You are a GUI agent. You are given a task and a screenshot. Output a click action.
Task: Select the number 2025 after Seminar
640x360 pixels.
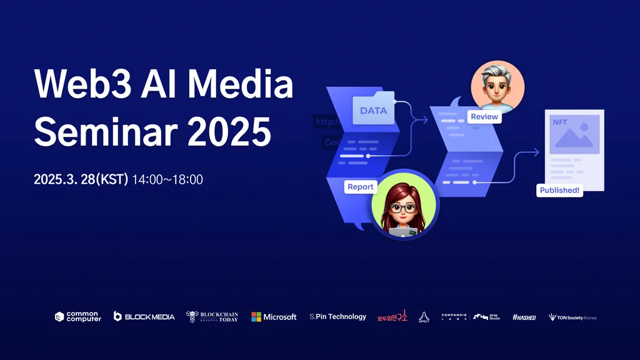click(229, 131)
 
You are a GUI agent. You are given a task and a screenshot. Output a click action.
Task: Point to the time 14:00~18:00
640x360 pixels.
click(167, 180)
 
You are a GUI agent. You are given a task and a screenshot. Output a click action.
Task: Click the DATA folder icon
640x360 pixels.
click(374, 109)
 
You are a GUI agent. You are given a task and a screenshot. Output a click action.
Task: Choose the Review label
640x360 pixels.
click(484, 117)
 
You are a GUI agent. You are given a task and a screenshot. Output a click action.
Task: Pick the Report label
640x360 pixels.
click(361, 187)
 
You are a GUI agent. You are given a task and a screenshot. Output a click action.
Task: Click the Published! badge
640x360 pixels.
click(559, 191)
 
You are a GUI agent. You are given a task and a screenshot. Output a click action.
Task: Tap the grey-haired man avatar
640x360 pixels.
click(497, 86)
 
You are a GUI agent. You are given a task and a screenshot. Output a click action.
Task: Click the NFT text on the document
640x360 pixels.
click(560, 122)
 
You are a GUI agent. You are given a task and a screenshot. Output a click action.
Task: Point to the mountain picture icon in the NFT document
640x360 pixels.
click(573, 137)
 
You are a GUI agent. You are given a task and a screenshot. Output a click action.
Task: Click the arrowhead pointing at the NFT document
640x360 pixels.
click(536, 151)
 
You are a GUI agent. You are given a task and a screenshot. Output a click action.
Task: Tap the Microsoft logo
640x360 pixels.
click(274, 317)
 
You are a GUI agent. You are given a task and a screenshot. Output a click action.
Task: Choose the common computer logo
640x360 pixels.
click(77, 317)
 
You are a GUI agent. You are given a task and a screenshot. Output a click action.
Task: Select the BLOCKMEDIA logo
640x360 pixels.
click(144, 317)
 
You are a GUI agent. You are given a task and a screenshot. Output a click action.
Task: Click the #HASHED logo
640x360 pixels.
click(524, 317)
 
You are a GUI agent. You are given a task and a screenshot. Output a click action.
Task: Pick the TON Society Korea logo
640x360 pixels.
click(572, 317)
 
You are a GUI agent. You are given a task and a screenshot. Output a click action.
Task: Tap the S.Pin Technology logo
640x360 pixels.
click(337, 317)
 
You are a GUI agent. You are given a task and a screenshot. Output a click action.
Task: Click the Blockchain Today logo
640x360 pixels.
click(212, 317)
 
